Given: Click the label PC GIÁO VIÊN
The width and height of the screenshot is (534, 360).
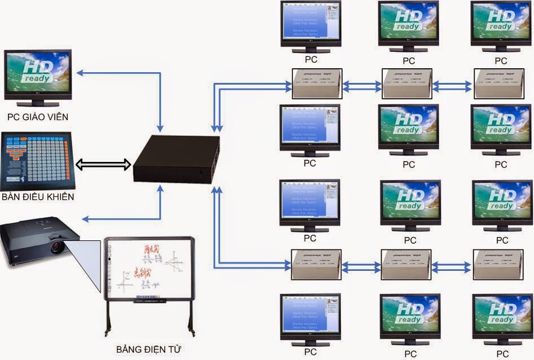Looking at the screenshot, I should pos(37,117).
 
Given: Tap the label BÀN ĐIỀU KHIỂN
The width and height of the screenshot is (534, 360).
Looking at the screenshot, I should pos(37,197).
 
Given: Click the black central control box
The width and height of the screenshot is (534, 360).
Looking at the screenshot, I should pos(176,159).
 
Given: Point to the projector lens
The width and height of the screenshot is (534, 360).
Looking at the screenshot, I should pos(57,247).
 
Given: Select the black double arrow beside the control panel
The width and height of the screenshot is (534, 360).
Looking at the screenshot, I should pos(103,165).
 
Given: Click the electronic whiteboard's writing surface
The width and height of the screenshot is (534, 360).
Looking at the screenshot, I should pos(148,269).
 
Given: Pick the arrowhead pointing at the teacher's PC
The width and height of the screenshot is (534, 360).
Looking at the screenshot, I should pos(81,72).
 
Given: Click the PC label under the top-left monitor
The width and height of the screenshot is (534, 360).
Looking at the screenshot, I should pos(310,59).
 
